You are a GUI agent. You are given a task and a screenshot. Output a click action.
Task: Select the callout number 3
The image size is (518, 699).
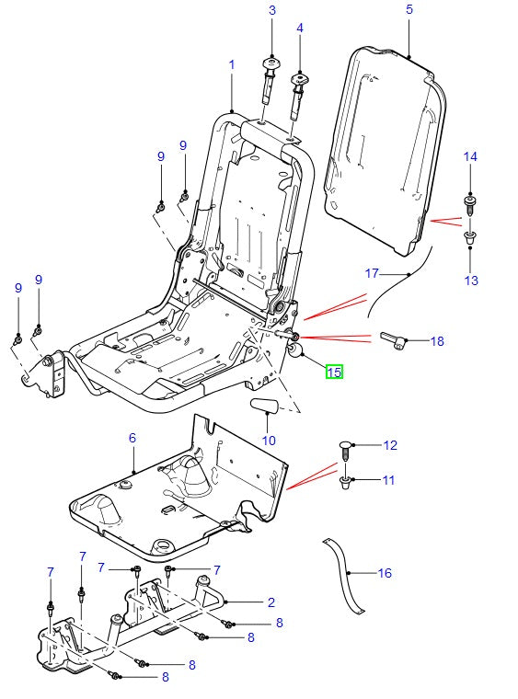pos(272,10)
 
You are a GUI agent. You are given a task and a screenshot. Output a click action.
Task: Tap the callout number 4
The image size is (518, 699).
pos(299,29)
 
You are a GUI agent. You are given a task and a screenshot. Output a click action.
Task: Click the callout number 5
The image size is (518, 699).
pos(409,10)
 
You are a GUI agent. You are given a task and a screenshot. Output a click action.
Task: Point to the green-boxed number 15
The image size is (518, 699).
pos(333,372)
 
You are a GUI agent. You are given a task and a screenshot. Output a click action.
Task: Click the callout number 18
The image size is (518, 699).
pos(436,341)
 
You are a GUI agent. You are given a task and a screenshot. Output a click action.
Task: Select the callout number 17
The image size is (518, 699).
pos(372,273)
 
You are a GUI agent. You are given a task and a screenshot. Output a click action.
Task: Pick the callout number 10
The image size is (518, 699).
pos(269,440)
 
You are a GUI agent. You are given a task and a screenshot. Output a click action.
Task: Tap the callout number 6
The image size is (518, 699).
pos(132,439)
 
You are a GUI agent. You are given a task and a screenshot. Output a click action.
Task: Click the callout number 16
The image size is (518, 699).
pos(385,573)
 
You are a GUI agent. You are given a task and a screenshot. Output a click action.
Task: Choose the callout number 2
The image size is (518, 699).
pos(271,603)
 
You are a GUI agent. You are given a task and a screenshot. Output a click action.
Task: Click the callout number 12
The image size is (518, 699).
pos(390,445)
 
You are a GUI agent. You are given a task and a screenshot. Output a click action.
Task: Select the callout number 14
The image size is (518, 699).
pos(470,157)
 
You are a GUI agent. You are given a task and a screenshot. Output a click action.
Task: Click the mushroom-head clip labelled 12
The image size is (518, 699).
pos(347,448)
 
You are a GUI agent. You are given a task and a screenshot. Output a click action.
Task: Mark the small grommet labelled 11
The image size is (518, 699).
pos(346,481)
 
